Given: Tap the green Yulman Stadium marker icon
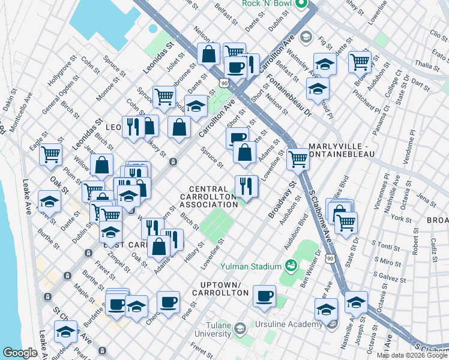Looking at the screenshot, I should [291, 265].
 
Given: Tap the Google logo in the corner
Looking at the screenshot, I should [20, 352].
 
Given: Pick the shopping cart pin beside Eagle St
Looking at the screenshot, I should [50, 154].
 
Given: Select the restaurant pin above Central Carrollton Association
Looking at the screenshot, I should [246, 185].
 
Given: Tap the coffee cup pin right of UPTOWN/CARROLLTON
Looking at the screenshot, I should [264, 296].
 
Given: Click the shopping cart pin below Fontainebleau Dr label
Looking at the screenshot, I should [297, 159].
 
